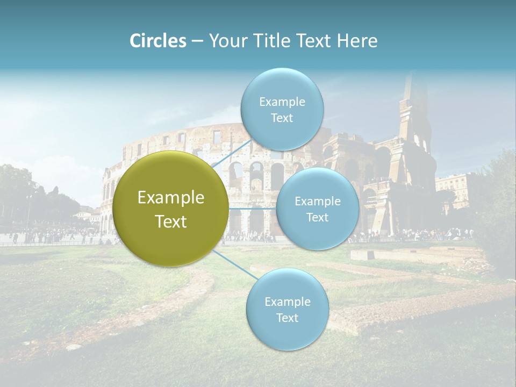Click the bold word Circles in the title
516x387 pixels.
coord(157,41)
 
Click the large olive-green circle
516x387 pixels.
coord(170,209)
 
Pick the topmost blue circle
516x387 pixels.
coord(282,109)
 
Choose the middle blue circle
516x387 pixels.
coord(317,209)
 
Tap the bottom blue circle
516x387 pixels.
coord(287,309)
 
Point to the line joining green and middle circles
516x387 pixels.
coord(252,209)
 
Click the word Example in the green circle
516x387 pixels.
coord(170,198)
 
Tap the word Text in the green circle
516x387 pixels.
coord(170,221)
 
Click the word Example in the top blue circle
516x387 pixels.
coord(282,102)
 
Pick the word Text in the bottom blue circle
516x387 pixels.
coord(287,318)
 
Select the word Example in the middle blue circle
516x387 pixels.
coord(317,201)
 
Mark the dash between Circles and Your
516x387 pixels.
coord(197,41)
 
